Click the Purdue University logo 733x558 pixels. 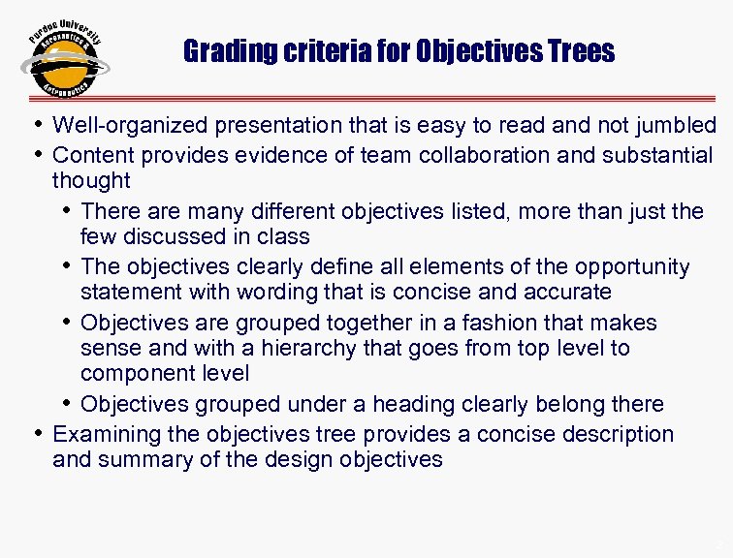(x=65, y=59)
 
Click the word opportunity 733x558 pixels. (x=631, y=266)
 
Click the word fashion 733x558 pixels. (x=509, y=323)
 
